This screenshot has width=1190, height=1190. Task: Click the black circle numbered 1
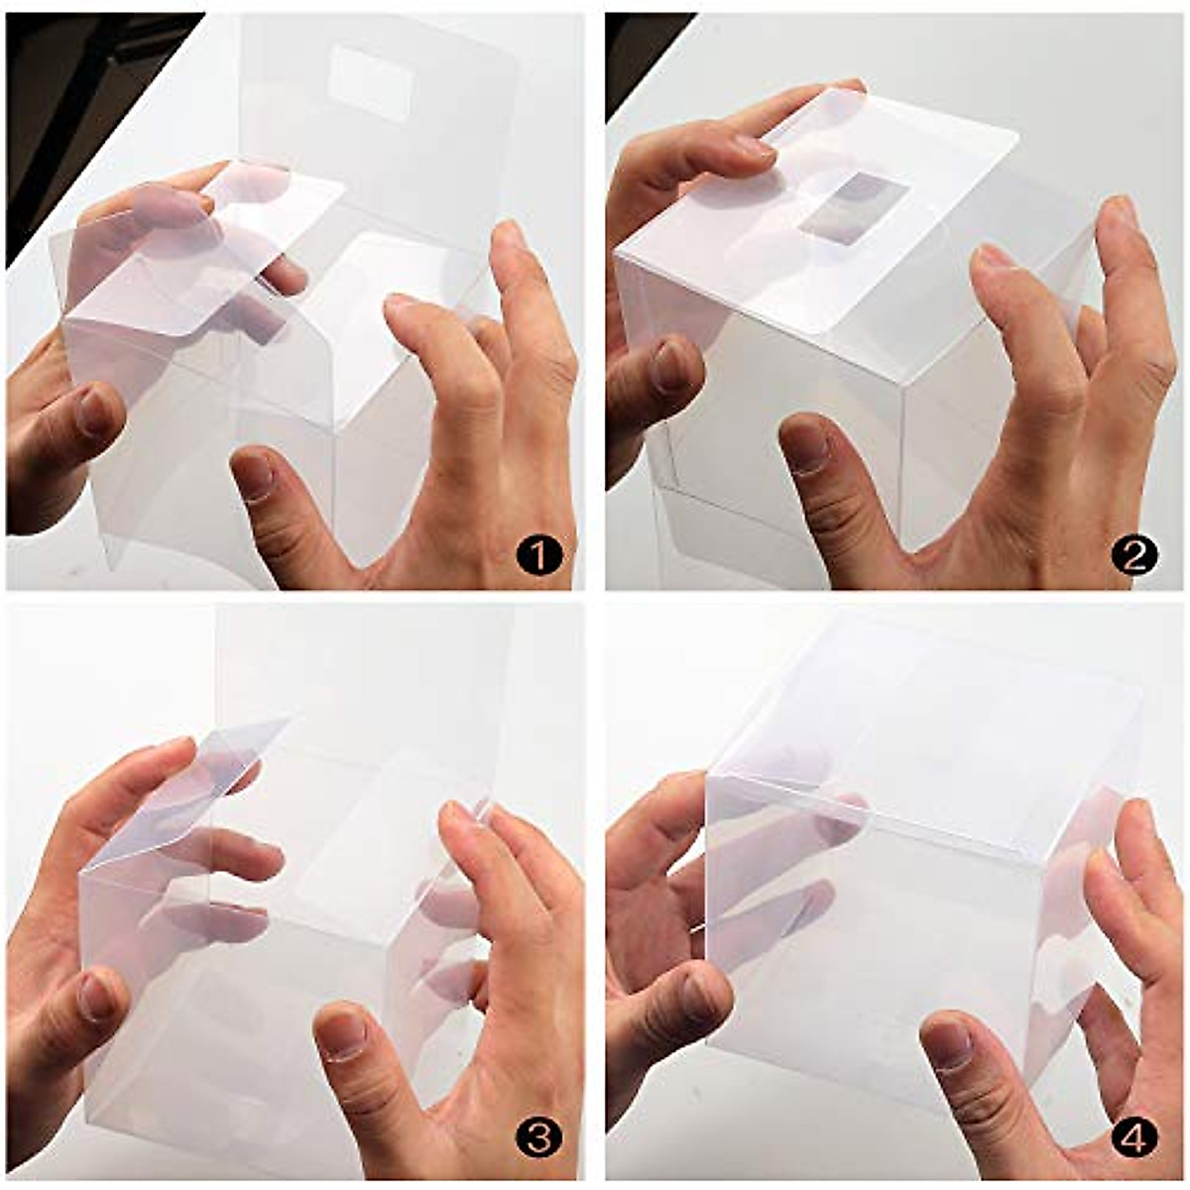pos(538,555)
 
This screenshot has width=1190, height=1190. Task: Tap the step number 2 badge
pos(1134,555)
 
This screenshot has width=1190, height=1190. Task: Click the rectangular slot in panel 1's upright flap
pos(369,82)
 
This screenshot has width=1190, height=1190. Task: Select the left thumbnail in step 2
pos(670,367)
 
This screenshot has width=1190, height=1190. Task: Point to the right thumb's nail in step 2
pos(807,447)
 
